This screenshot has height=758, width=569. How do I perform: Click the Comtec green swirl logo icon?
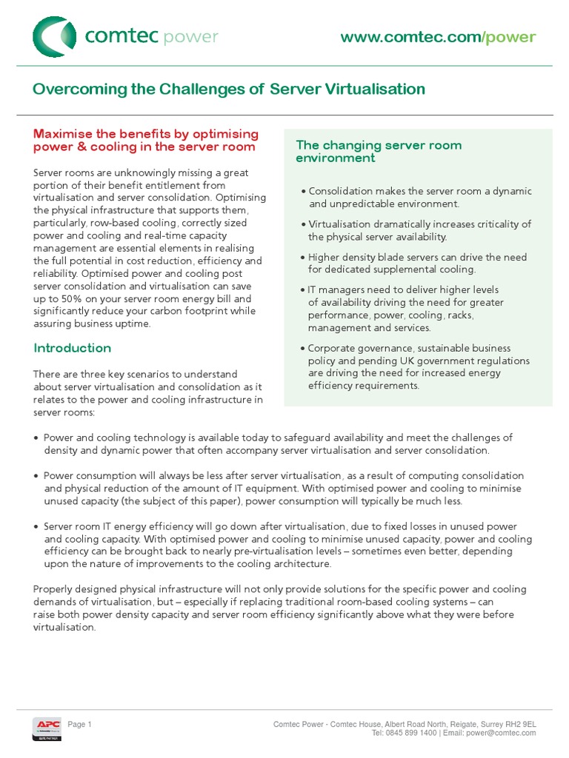coord(54,37)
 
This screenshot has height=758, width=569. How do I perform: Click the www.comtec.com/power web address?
coord(438,38)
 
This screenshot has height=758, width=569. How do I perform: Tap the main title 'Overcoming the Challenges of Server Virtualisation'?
coord(229,90)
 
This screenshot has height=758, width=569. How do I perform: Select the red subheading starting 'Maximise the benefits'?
coord(145,140)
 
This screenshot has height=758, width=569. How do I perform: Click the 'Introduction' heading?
coord(73,348)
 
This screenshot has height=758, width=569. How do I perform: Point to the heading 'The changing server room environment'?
coord(379,152)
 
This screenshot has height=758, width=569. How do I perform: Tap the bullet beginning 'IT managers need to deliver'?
coord(404,309)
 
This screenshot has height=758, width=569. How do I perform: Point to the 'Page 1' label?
coord(79,703)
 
